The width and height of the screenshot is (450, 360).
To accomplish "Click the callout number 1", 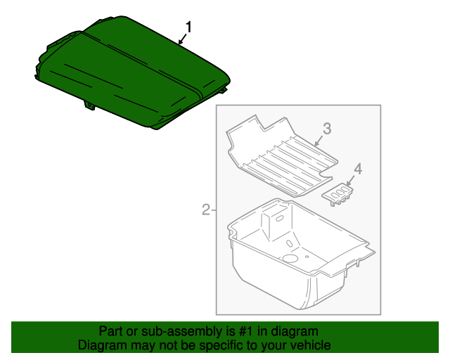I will [x=188, y=27].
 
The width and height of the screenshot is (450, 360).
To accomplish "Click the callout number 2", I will [x=205, y=209].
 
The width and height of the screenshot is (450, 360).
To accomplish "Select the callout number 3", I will [x=326, y=128].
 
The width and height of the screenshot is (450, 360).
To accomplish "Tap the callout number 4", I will [x=357, y=169].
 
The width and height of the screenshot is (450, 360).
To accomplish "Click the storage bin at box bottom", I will [x=295, y=260].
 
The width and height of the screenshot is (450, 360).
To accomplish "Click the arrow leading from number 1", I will [x=183, y=39].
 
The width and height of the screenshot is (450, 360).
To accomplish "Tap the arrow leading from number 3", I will [x=319, y=139].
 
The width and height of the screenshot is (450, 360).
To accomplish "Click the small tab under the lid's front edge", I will [x=91, y=105].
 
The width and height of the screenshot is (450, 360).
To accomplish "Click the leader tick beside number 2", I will [x=213, y=209].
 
